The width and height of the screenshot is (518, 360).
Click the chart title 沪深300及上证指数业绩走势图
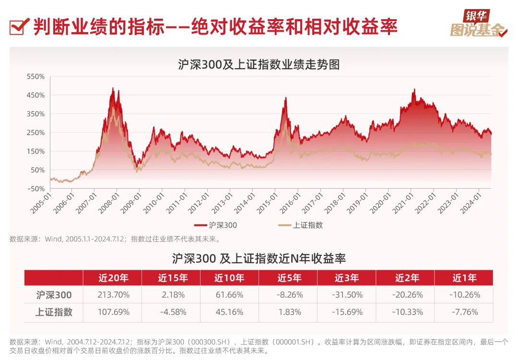(259, 64)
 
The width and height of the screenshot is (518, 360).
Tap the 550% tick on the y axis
(36, 76)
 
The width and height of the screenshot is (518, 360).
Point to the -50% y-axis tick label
(36, 189)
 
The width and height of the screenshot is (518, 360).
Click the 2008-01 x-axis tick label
(114, 202)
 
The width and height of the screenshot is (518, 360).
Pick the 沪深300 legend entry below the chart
(216, 225)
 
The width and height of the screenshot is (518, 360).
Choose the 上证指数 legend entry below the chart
(301, 225)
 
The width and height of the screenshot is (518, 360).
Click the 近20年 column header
(113, 278)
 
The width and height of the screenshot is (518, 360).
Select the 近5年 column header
(289, 278)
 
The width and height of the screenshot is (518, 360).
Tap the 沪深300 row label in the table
(54, 295)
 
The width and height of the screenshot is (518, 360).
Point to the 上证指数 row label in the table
(54, 312)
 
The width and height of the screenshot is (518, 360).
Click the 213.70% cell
(113, 295)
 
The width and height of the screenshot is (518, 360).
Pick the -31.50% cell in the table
(346, 295)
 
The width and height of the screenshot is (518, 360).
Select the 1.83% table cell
(289, 312)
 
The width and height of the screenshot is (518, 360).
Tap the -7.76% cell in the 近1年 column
(464, 312)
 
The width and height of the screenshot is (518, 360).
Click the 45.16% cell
(229, 312)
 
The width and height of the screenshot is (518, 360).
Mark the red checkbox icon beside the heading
(18, 27)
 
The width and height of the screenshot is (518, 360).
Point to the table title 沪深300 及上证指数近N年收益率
(259, 258)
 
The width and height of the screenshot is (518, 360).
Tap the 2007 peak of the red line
(113, 88)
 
